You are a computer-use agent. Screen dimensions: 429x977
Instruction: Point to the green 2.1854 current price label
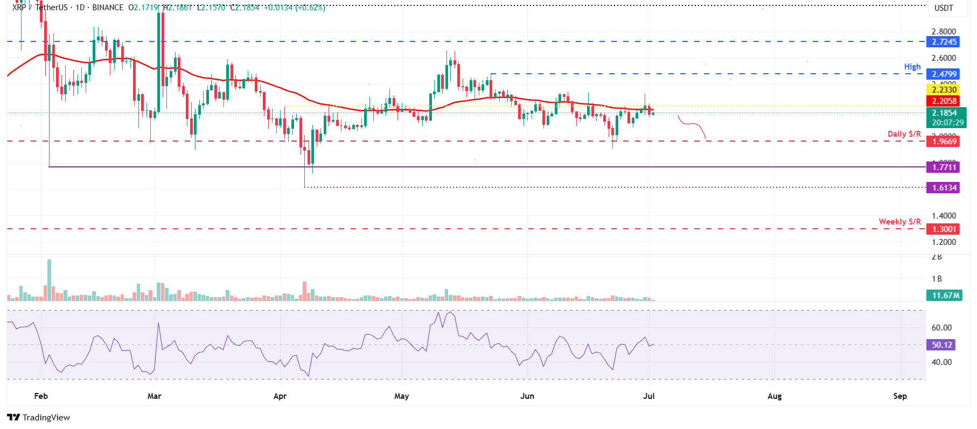[945, 113]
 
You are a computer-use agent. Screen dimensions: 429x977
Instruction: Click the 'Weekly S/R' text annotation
[899, 222]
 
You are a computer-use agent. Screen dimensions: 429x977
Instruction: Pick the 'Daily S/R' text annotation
[904, 134]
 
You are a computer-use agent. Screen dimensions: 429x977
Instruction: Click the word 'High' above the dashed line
[912, 67]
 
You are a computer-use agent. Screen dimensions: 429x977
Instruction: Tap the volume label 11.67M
[946, 296]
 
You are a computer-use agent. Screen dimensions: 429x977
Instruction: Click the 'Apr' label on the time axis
[280, 396]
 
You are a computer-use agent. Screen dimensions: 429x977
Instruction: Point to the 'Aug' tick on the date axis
[774, 396]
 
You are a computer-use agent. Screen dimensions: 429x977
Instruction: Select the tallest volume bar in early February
[50, 280]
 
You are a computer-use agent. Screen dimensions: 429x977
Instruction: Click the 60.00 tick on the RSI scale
[941, 328]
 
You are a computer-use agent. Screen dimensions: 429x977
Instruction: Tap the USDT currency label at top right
[943, 8]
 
